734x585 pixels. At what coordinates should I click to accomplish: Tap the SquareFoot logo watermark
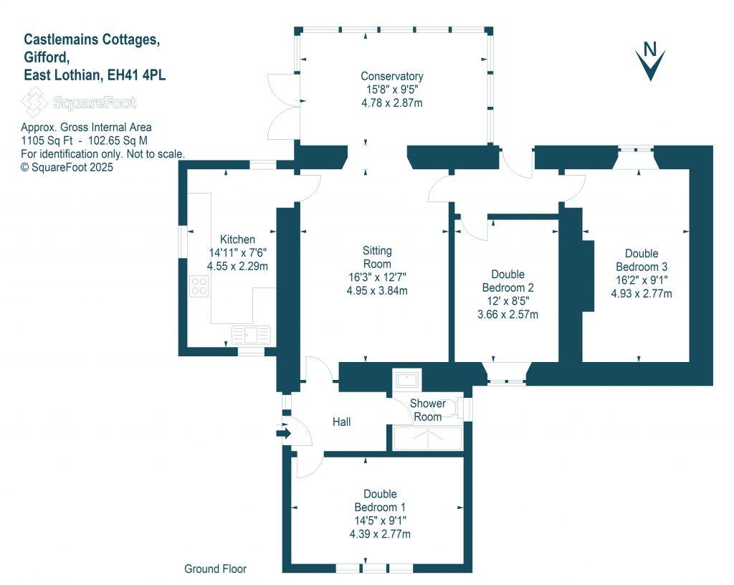(x=79, y=103)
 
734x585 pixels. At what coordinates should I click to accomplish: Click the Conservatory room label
(x=391, y=76)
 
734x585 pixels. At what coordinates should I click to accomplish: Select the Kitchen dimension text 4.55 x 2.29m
(x=237, y=266)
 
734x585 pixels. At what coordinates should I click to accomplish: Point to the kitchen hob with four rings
(x=199, y=287)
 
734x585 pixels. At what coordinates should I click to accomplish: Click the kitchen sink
(x=251, y=334)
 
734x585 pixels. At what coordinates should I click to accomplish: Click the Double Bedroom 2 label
(x=507, y=280)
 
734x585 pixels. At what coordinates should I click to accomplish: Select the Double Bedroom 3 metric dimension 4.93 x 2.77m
(x=642, y=293)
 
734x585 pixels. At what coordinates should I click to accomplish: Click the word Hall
(x=342, y=422)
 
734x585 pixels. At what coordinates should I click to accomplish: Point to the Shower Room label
(x=428, y=410)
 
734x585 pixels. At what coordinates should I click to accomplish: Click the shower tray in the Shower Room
(x=427, y=438)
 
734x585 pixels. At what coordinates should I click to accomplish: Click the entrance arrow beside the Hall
(x=282, y=433)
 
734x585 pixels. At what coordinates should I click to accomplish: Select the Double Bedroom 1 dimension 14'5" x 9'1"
(x=380, y=520)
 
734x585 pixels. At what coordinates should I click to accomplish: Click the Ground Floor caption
(x=215, y=569)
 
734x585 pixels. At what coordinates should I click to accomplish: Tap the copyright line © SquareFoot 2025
(x=67, y=166)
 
